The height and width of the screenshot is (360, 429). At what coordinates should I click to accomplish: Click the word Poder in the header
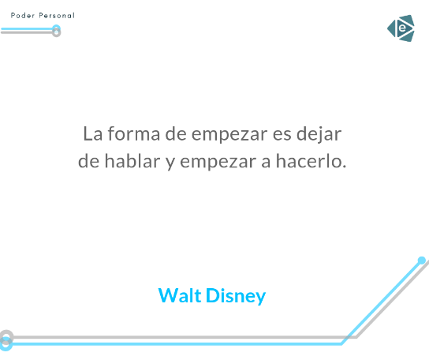23,15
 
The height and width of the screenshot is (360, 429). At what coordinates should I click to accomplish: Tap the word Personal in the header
57,15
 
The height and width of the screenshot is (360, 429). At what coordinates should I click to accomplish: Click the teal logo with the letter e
401,28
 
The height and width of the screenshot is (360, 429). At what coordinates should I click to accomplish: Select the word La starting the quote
93,134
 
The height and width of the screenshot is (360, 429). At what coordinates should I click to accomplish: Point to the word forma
134,133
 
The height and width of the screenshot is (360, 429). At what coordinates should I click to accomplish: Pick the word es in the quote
282,135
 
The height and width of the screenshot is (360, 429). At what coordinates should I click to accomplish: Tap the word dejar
319,135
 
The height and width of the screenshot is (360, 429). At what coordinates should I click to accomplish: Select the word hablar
132,161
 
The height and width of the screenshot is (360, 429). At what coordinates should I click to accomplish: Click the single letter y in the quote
170,163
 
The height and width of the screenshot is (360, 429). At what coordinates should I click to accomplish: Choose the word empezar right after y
218,163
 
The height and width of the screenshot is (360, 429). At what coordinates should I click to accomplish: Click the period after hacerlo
344,166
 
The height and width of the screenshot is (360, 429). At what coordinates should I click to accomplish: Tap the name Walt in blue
180,295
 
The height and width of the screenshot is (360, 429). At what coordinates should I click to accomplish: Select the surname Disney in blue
236,296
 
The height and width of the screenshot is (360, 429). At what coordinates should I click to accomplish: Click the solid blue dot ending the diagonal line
422,261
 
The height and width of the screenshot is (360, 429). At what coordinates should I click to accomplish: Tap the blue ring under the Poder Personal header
56,25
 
